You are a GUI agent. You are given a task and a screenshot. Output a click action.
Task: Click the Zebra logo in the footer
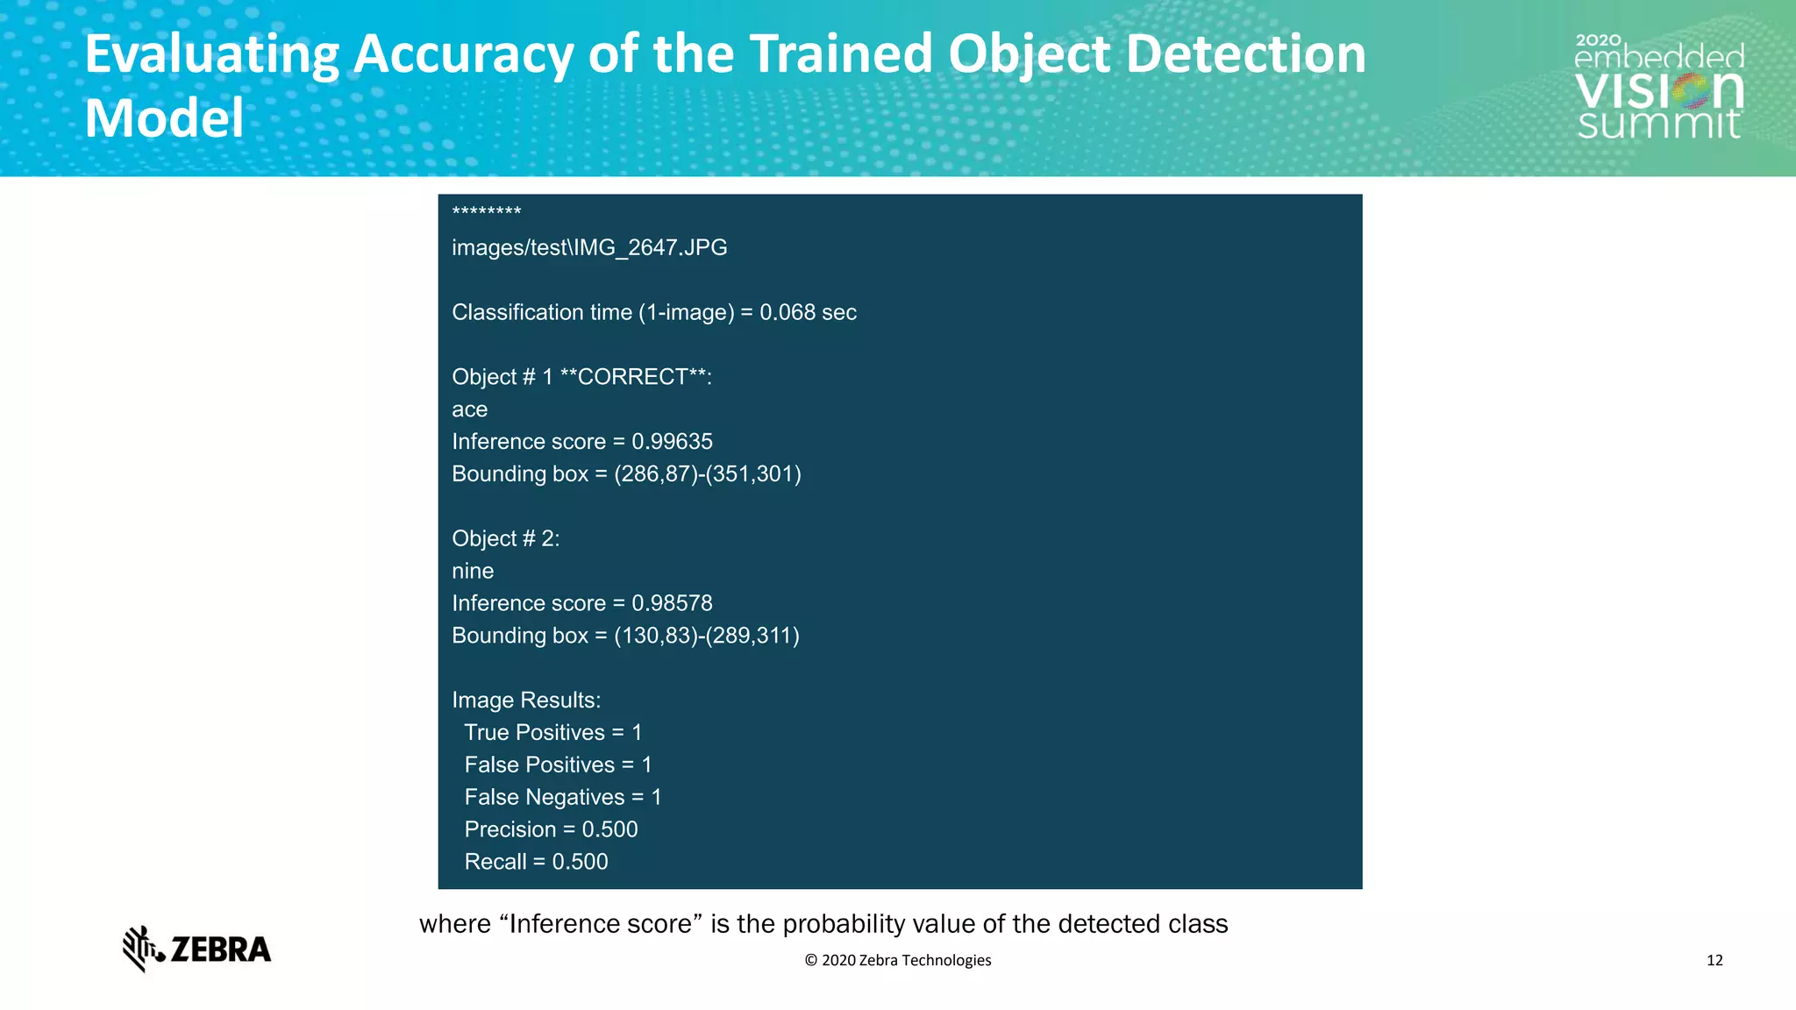pyautogui.click(x=196, y=949)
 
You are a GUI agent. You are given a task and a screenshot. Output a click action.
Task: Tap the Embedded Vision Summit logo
pyautogui.click(x=1659, y=88)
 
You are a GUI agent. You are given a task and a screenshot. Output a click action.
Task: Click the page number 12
pyautogui.click(x=1714, y=960)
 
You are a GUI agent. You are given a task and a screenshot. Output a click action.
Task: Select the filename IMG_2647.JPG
pyautogui.click(x=651, y=247)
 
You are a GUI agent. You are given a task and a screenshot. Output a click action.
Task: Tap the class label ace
pyautogui.click(x=469, y=409)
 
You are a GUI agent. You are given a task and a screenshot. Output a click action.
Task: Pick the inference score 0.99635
pyautogui.click(x=672, y=442)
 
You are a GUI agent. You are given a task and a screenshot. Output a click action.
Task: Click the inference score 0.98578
pyautogui.click(x=672, y=603)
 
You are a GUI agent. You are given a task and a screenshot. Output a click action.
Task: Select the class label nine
pyautogui.click(x=473, y=571)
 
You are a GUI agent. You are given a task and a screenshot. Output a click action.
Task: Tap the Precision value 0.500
pyautogui.click(x=609, y=829)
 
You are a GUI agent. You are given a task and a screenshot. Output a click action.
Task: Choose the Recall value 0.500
pyautogui.click(x=580, y=862)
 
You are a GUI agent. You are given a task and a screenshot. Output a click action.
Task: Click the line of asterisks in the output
pyautogui.click(x=487, y=212)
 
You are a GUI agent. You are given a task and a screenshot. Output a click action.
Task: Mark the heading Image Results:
pyautogui.click(x=526, y=701)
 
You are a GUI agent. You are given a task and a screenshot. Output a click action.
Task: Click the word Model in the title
pyautogui.click(x=164, y=118)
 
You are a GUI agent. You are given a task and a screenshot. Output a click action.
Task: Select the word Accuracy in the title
pyautogui.click(x=463, y=54)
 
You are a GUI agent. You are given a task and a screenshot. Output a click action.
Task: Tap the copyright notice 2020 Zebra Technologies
pyautogui.click(x=898, y=960)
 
